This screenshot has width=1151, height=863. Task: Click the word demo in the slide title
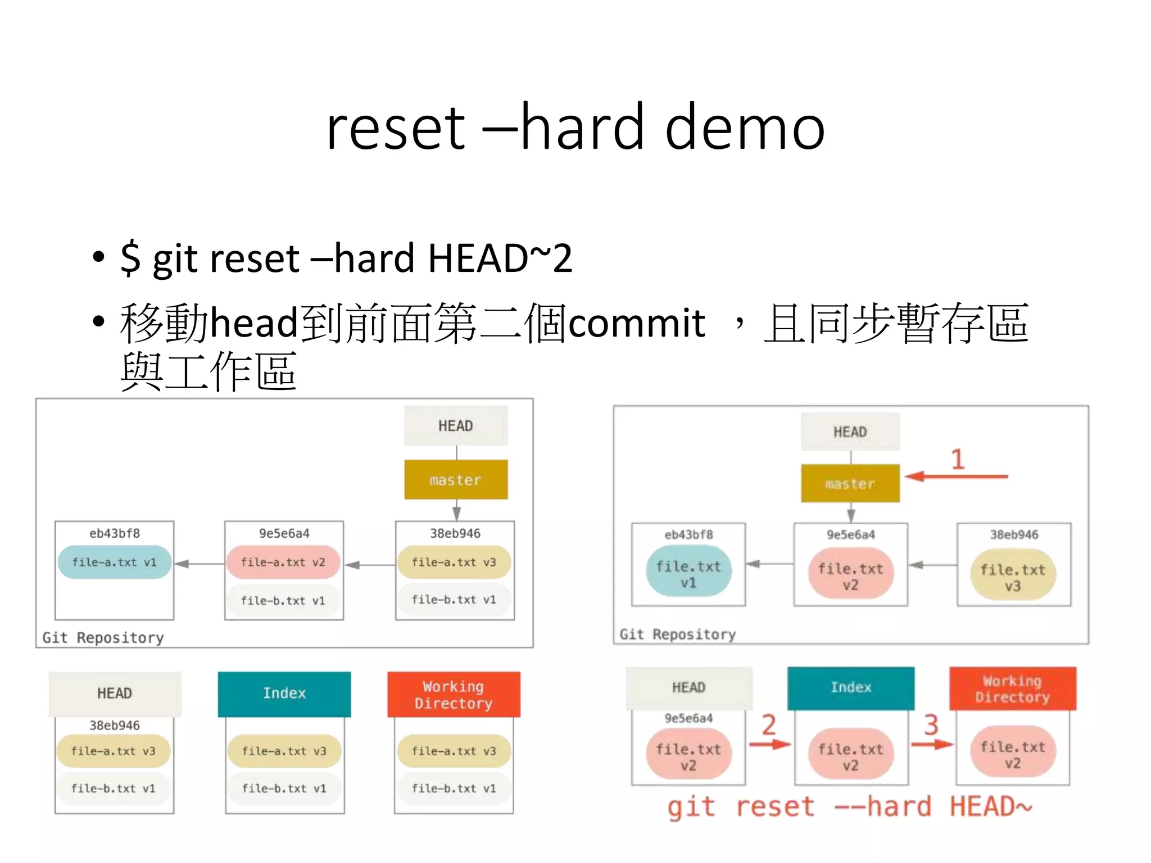coord(745,128)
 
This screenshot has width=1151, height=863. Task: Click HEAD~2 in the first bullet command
coord(500,258)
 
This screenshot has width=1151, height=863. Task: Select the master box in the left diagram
coord(456,480)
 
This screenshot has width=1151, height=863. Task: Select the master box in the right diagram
coord(850,483)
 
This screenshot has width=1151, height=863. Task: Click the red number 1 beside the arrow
coord(958,460)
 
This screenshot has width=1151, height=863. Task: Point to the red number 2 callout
coord(768,725)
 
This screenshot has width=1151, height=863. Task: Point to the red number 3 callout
coord(931,725)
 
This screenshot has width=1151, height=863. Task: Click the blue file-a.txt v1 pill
coord(114,562)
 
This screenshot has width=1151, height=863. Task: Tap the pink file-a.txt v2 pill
coord(283,562)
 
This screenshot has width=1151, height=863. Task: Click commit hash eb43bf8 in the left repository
coord(114,533)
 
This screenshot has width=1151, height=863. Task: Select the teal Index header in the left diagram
coord(284,693)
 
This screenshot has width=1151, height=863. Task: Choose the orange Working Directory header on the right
coord(1012,689)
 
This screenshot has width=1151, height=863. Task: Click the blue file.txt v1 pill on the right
coord(688,574)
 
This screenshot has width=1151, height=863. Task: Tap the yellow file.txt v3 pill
coord(1013,577)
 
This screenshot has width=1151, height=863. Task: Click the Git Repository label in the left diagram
coord(103,638)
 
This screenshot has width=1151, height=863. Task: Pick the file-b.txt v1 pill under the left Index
coord(284,788)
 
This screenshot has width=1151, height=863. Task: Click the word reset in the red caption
coord(775,807)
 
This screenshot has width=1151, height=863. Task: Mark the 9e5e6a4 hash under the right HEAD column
coord(688,718)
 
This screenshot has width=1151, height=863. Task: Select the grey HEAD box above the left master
coord(456,426)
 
